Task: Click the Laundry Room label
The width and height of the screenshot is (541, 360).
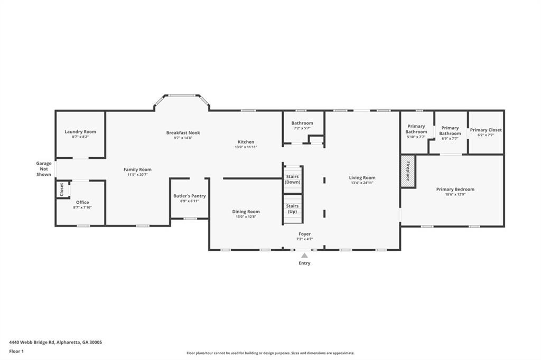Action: [80, 132]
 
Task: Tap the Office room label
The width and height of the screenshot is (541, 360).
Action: [82, 202]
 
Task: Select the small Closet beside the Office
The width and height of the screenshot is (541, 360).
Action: [61, 188]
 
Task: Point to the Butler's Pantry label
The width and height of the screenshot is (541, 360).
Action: [190, 196]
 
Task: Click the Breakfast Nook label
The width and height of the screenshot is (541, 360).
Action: [183, 133]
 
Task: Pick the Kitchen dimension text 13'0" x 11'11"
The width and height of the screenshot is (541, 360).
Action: [246, 147]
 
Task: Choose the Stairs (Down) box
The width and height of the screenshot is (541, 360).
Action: [292, 179]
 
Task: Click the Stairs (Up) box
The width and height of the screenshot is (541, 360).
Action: [292, 209]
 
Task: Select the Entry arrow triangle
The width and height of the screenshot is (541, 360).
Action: [304, 255]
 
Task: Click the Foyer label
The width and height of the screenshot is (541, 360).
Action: [304, 234]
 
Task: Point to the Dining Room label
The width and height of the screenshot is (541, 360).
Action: [246, 212]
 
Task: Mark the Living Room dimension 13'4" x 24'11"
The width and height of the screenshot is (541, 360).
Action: [362, 183]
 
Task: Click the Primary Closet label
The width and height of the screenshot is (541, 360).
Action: [486, 130]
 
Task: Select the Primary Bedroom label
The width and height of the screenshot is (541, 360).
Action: [455, 190]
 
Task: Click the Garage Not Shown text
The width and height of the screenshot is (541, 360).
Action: [44, 169]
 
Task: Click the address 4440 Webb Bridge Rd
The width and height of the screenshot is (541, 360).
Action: [55, 342]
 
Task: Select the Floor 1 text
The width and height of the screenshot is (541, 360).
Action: [17, 351]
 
